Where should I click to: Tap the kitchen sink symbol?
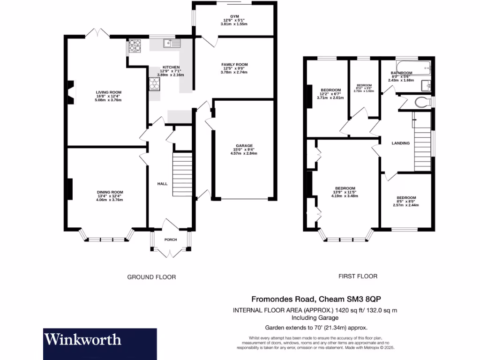172,44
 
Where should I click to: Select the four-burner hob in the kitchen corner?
135,45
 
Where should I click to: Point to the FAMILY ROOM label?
235,65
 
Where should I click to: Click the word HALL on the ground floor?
162,184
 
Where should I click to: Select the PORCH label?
171,240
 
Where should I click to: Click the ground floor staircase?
183,173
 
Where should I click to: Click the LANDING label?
401,143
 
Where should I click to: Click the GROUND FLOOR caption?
151,277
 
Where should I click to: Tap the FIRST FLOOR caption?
358,277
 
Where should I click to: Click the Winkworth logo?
83,339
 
